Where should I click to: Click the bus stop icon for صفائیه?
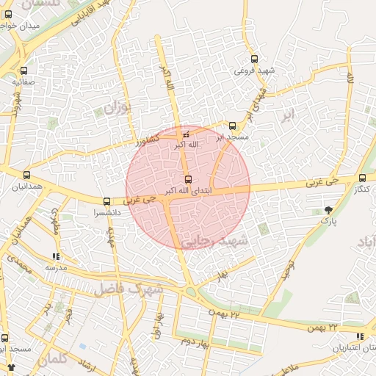(24, 72)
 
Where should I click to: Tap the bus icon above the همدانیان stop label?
(27, 176)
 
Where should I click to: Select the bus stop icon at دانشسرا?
(107, 201)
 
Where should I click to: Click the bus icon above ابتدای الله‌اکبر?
(188, 180)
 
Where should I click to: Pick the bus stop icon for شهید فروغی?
(254, 59)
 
